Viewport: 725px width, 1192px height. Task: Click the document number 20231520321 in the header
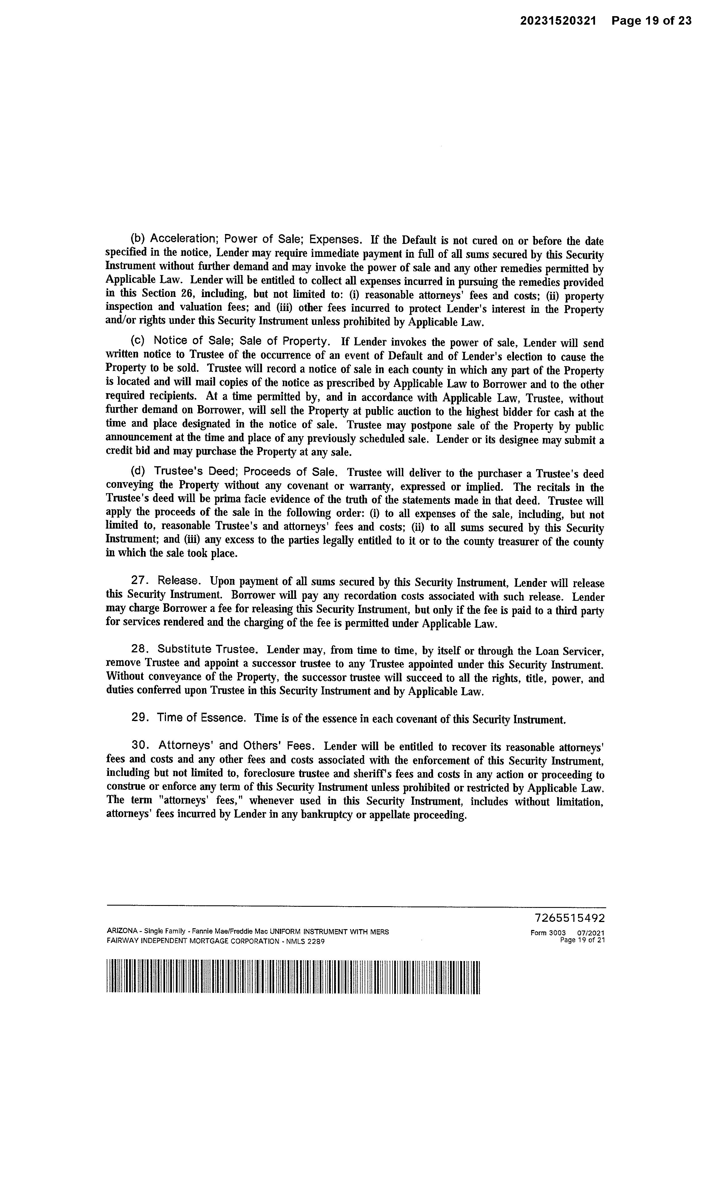pos(558,21)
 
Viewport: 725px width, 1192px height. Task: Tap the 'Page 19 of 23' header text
pos(651,21)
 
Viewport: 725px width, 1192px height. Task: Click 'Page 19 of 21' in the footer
pos(582,940)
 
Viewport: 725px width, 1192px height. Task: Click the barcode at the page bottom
pos(293,976)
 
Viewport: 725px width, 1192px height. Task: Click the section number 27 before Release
pos(139,580)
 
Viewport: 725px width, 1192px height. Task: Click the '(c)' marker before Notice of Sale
pos(138,341)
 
